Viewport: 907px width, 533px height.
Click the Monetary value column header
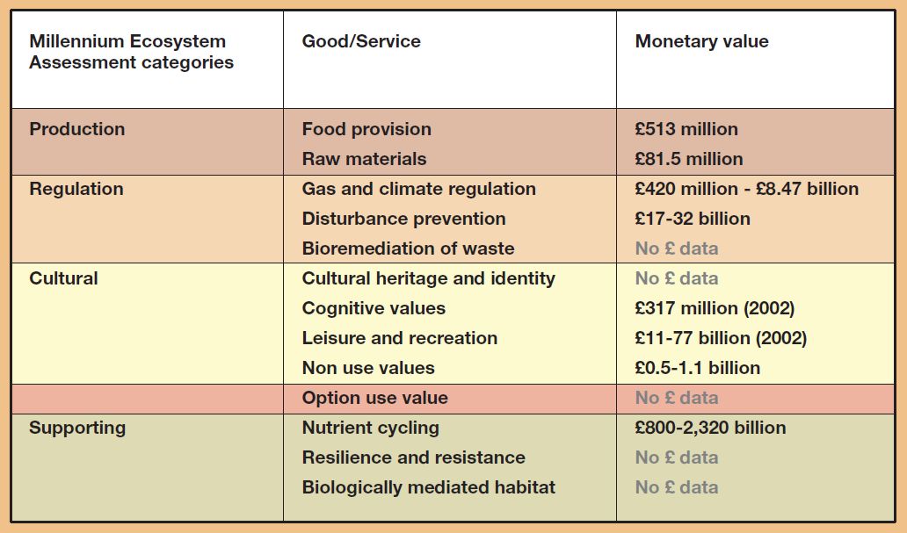coord(701,41)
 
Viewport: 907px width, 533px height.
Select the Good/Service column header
coord(361,41)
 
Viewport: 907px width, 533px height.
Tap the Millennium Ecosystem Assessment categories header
coord(131,52)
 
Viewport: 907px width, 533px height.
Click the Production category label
coord(77,129)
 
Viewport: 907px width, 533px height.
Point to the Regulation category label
coord(76,189)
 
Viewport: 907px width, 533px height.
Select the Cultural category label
coord(63,278)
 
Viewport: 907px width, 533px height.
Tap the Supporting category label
coord(77,428)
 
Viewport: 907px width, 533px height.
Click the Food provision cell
coord(366,129)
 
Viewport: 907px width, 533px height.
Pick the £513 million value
coord(686,129)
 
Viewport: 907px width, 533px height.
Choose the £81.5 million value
coord(689,159)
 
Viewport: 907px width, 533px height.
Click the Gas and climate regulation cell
coord(418,189)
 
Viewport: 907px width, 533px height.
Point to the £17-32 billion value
coord(693,219)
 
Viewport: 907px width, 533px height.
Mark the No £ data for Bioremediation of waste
coord(676,248)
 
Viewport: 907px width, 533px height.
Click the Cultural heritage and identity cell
coord(428,278)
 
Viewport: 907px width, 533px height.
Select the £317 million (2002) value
coord(715,308)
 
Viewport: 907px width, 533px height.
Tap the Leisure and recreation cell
coord(399,338)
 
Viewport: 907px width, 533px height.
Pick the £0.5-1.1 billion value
coord(697,368)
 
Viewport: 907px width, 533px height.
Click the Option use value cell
coord(374,398)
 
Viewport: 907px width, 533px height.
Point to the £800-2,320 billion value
coord(710,428)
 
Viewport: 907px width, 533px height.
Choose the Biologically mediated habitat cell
coord(428,487)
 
